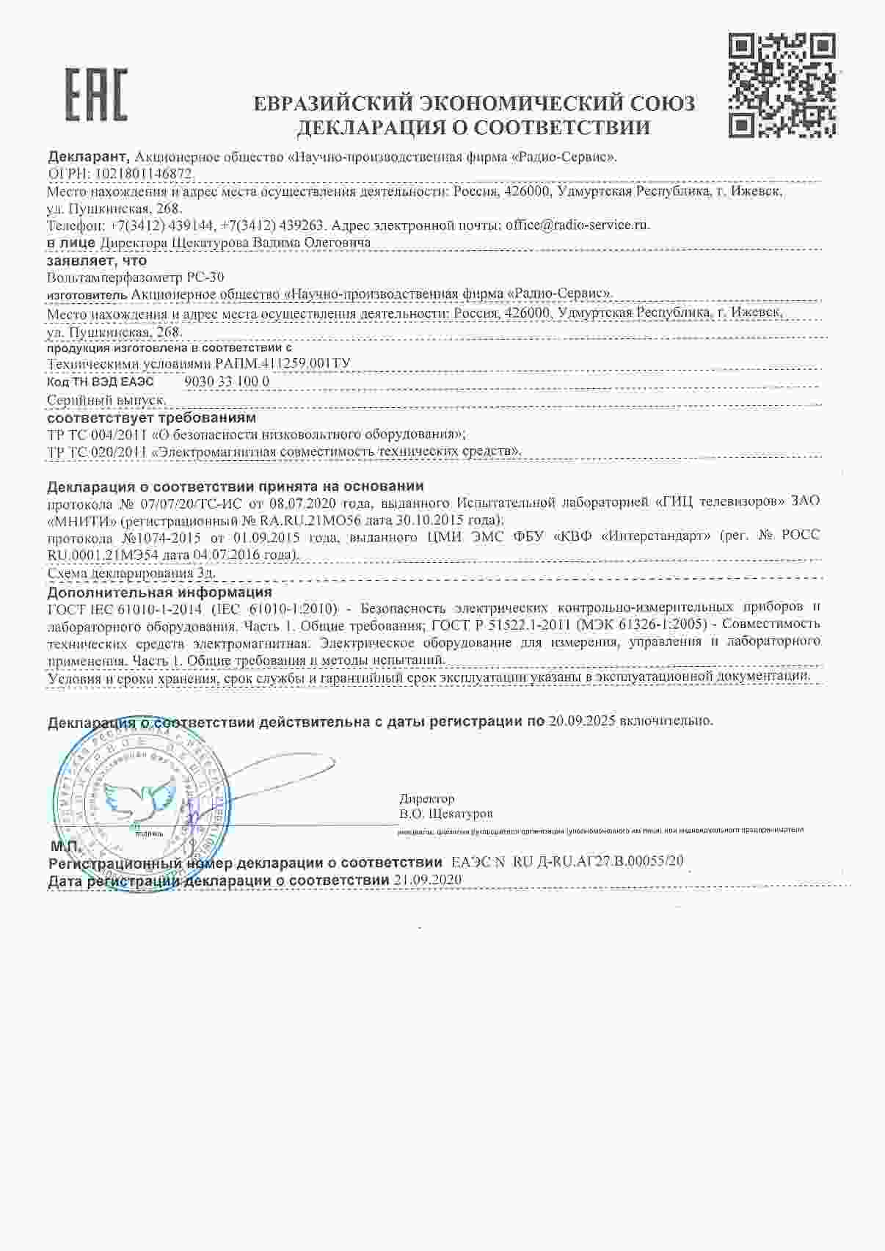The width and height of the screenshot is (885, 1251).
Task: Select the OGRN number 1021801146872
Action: point(142,174)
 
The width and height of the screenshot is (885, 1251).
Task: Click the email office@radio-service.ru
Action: point(577,225)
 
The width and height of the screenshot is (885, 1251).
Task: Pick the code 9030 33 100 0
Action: point(227,382)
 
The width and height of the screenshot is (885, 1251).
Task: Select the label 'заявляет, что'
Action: point(97,260)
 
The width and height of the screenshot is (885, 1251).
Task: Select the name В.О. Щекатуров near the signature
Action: point(446,814)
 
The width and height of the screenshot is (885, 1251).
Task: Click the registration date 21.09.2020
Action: point(428,880)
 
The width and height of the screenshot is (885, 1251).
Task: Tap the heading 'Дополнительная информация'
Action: point(159,591)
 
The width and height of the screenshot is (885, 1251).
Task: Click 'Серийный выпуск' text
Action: point(106,400)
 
